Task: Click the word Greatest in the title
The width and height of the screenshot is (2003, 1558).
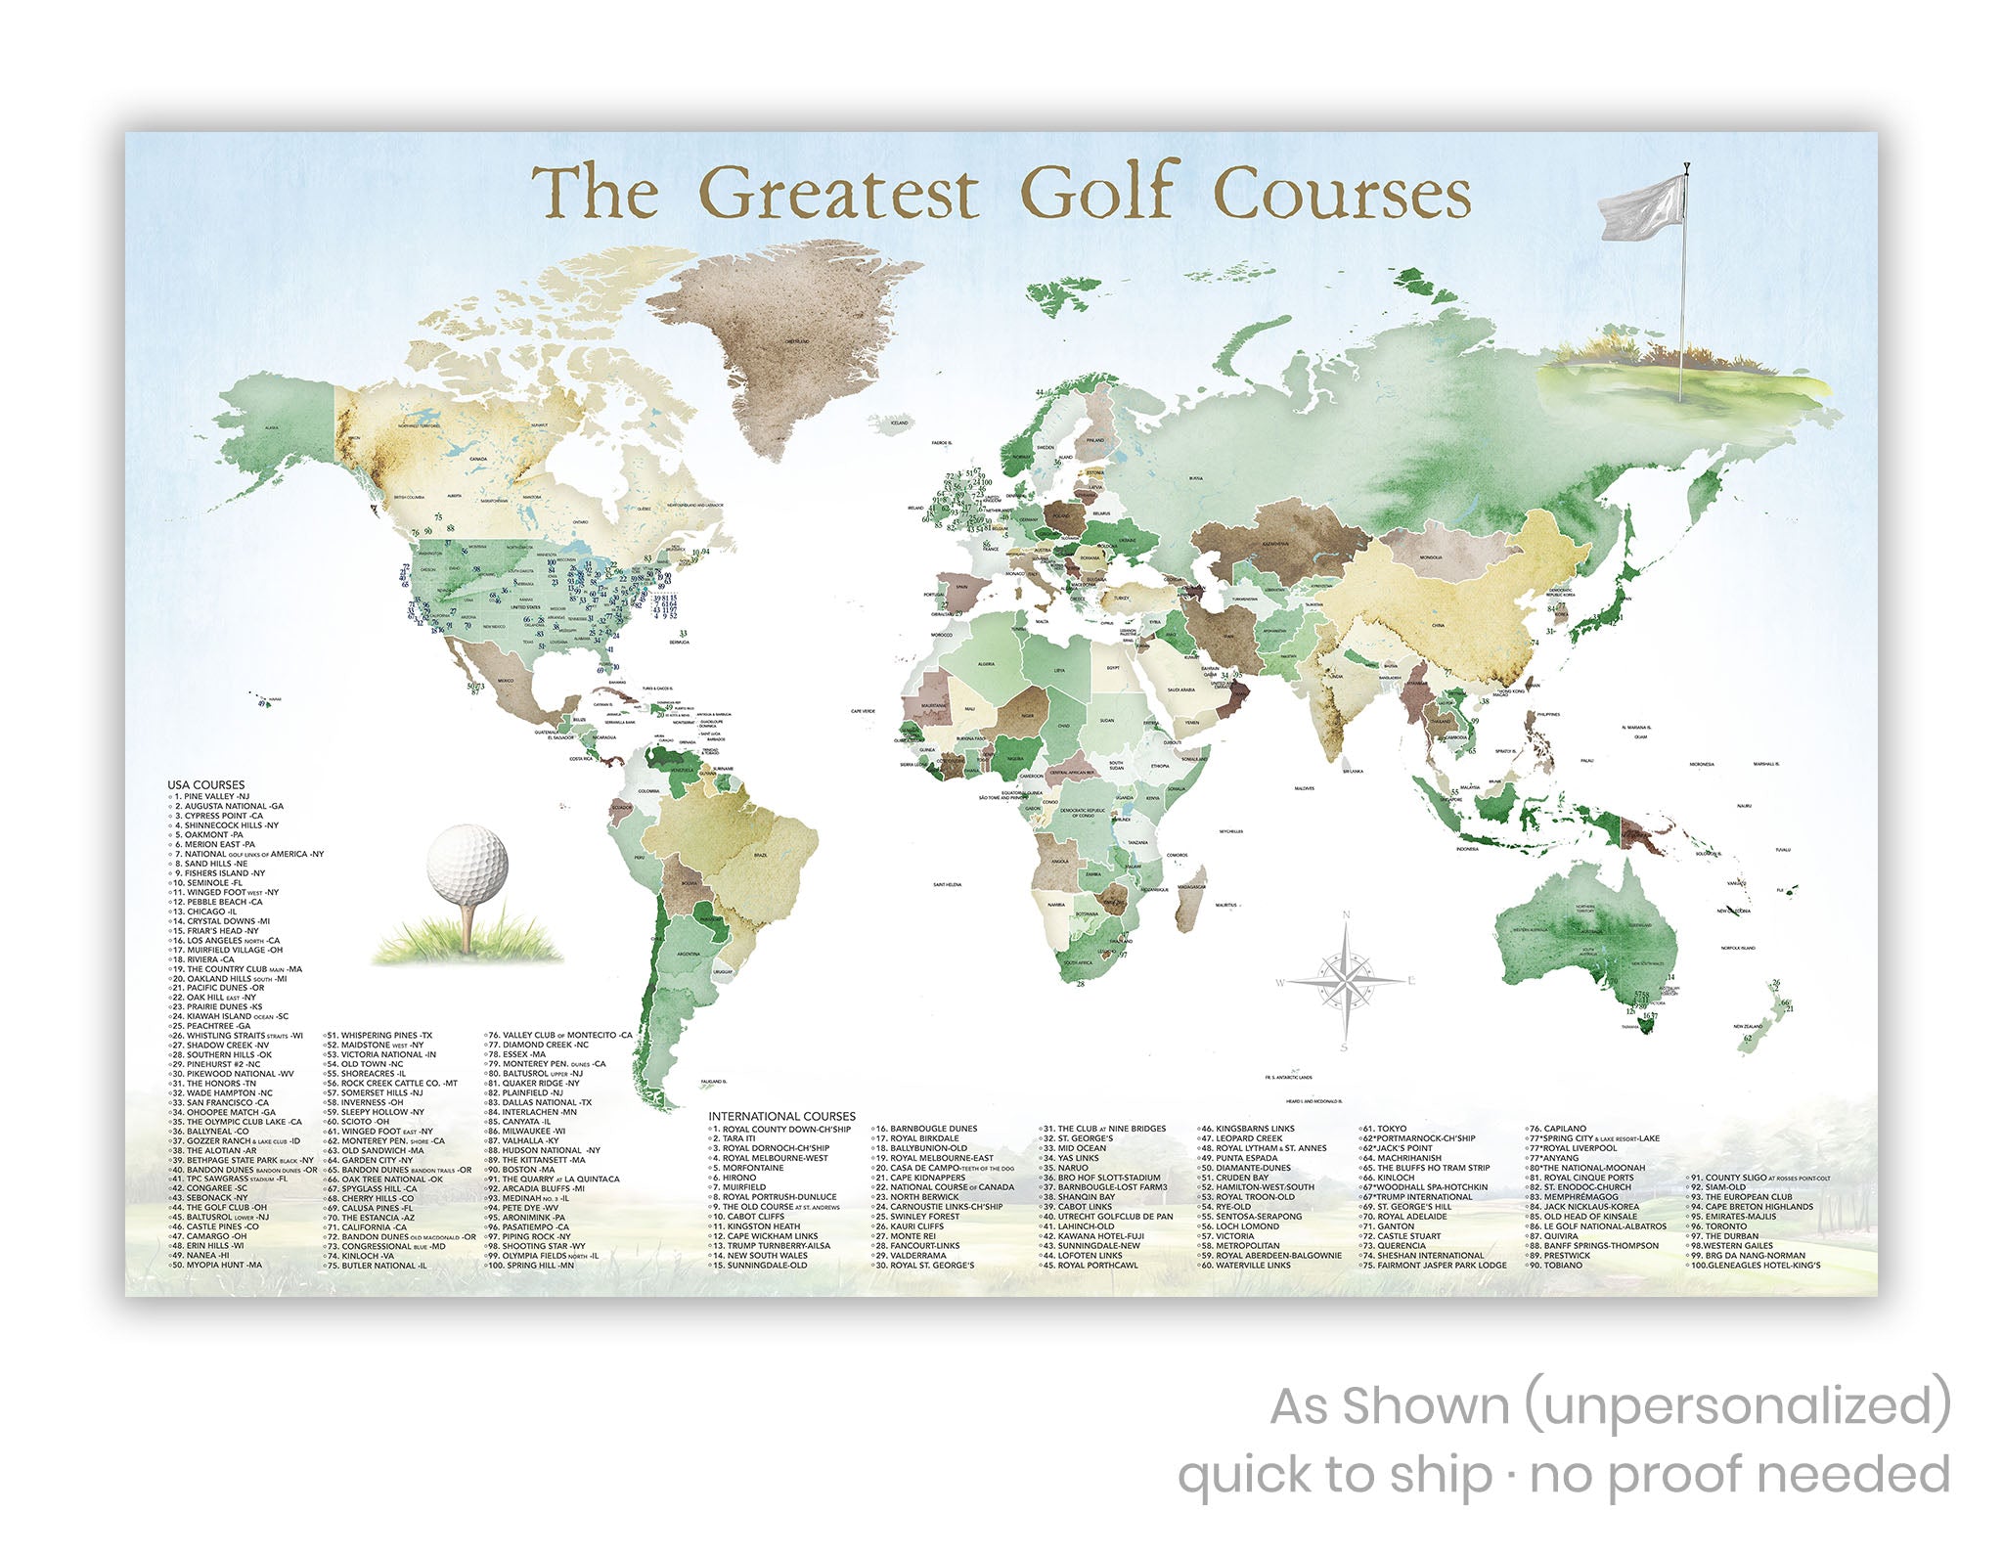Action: tap(838, 193)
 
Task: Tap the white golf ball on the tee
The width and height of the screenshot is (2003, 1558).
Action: tap(467, 864)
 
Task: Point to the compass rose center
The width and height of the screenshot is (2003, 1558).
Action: tap(1346, 979)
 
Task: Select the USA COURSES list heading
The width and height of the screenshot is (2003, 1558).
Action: tap(205, 784)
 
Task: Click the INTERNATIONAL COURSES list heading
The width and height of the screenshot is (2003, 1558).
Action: tap(781, 1116)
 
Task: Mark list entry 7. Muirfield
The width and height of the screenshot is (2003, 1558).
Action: tap(744, 1187)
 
